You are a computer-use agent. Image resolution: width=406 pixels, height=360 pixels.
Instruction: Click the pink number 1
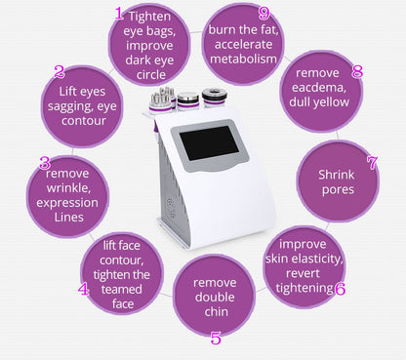point(119,14)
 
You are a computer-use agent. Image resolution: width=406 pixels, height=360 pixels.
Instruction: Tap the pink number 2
point(60,72)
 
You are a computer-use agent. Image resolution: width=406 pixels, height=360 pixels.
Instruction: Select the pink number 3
point(44,163)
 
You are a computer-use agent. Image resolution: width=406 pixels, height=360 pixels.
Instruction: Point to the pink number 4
point(84,290)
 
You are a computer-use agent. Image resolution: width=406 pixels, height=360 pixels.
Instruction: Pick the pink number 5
point(216,339)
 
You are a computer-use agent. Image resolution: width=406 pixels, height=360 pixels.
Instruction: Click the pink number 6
point(340,288)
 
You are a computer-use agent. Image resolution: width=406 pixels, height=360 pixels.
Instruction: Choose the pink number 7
point(372,162)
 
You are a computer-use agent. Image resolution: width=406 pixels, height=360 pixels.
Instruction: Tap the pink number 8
point(357,71)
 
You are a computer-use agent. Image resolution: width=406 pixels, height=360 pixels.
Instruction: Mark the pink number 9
point(264,13)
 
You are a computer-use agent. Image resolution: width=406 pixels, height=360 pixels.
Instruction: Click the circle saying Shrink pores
point(338,180)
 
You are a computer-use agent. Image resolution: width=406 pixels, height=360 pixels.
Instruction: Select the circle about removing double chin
point(215,297)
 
